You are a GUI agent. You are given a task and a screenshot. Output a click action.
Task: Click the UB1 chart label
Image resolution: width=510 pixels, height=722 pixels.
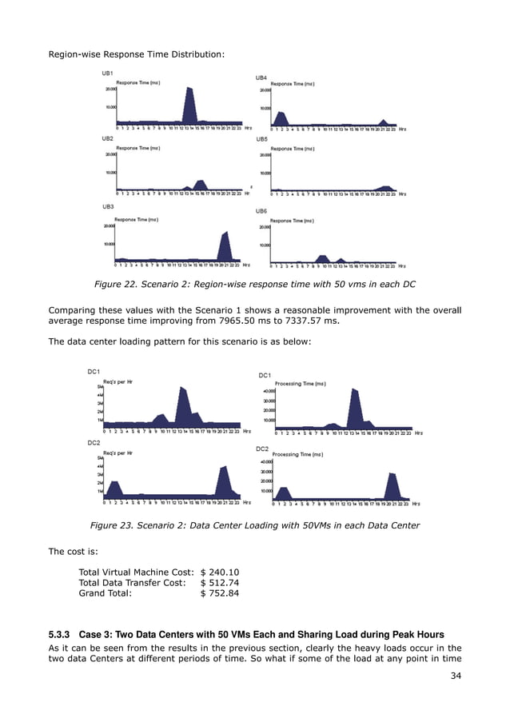107,74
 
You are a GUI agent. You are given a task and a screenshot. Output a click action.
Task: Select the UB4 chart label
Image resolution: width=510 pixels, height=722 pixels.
261,78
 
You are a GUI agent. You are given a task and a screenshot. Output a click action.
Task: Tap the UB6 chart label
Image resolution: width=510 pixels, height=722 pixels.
261,211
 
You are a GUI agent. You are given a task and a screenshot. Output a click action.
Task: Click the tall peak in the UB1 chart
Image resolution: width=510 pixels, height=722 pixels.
189,104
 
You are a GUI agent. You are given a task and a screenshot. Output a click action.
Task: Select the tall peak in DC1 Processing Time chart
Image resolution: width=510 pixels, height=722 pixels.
353,408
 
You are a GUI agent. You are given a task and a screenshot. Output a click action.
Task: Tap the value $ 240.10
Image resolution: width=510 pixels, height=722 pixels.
220,572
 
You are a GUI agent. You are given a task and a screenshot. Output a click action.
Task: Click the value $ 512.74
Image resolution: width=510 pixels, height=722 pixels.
220,583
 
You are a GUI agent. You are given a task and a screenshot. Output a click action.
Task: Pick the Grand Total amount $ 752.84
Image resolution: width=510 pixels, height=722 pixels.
220,594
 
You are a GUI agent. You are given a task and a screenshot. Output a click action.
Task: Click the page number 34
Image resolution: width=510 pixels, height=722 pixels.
456,685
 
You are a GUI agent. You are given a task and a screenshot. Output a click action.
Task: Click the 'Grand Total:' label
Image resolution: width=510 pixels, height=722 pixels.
105,594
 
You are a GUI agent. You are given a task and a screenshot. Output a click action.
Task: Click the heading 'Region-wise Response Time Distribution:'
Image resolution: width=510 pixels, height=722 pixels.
137,54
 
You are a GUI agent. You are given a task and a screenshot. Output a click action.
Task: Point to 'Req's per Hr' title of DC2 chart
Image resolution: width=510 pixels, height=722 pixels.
118,450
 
